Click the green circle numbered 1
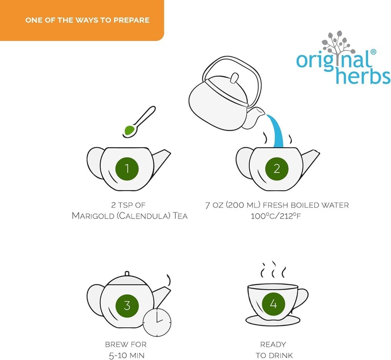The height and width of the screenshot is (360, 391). (127, 169)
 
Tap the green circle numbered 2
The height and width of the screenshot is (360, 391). (277, 169)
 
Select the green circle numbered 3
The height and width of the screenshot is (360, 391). (127, 306)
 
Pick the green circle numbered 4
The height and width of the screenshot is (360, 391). (274, 304)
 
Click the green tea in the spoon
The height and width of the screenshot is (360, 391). (129, 130)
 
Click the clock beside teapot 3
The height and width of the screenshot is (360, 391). (157, 322)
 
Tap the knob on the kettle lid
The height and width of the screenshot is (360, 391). (234, 78)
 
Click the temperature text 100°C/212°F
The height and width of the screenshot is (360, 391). (276, 216)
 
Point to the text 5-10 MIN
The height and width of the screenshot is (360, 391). (127, 355)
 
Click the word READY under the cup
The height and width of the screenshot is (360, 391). (273, 344)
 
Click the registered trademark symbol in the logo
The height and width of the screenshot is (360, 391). (373, 52)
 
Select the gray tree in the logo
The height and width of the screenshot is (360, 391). (338, 48)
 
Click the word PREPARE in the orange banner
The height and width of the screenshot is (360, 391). (131, 20)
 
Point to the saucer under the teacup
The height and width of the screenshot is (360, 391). (273, 320)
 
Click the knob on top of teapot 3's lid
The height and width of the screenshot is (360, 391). (127, 274)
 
